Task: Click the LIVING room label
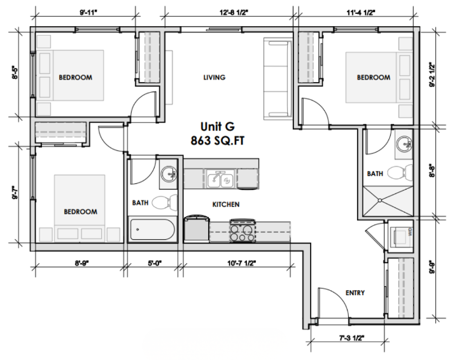[x=214, y=78]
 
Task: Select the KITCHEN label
[x=225, y=204]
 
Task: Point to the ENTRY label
[x=355, y=293]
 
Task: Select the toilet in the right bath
[x=397, y=172]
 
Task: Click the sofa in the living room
[x=277, y=78]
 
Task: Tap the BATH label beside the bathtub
[x=140, y=203]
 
